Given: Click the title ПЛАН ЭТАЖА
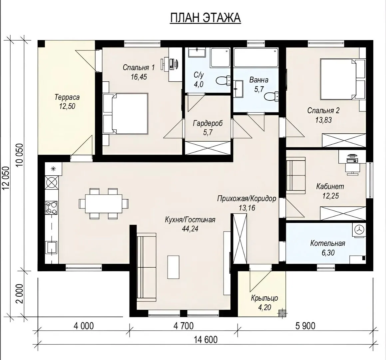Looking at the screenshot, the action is pyautogui.click(x=205, y=18).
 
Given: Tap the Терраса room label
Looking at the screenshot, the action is pyautogui.click(x=67, y=97).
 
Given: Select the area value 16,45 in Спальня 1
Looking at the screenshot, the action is pyautogui.click(x=139, y=77).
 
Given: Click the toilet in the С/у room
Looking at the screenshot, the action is pyautogui.click(x=223, y=81).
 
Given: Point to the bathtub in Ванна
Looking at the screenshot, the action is pyautogui.click(x=256, y=57).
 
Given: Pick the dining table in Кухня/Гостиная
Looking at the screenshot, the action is pyautogui.click(x=104, y=204).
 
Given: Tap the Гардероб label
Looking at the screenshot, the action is pyautogui.click(x=208, y=123).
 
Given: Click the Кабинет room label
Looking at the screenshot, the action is pyautogui.click(x=330, y=186).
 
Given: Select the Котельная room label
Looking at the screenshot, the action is pyautogui.click(x=328, y=243).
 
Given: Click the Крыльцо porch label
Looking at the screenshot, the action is pyautogui.click(x=265, y=298).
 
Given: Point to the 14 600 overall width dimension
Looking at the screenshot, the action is pyautogui.click(x=206, y=340).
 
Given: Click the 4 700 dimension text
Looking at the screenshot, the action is pyautogui.click(x=184, y=326).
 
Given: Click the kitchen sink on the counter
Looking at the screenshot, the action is pyautogui.click(x=51, y=247).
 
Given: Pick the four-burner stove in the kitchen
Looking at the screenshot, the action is pyautogui.click(x=51, y=208).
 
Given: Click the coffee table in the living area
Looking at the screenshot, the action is pyautogui.click(x=173, y=267).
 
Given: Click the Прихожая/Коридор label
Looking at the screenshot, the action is pyautogui.click(x=247, y=199).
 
